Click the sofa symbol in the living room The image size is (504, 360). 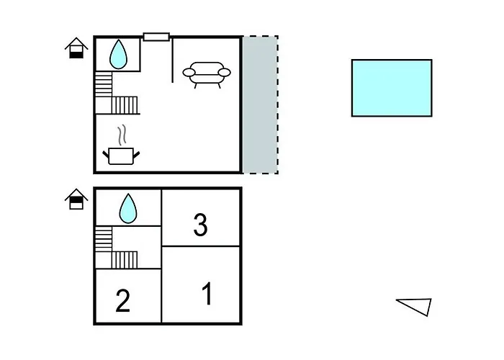click(x=207, y=75)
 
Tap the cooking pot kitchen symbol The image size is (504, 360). click(x=121, y=156)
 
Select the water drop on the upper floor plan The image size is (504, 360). click(x=118, y=54)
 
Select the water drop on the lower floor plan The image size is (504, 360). click(x=128, y=208)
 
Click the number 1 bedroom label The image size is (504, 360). click(x=207, y=293)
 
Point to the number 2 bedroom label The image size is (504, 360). click(x=123, y=300)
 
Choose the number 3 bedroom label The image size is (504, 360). click(x=201, y=225)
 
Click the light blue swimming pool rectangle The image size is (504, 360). click(x=392, y=88)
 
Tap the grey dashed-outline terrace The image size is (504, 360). click(x=261, y=105)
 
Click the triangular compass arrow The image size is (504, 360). click(x=415, y=307)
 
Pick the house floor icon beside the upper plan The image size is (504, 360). click(x=76, y=48)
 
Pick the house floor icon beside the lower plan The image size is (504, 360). click(x=76, y=199)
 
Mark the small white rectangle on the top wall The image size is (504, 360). click(x=156, y=37)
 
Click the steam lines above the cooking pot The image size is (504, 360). click(x=122, y=135)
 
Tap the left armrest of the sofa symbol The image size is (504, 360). click(x=189, y=72)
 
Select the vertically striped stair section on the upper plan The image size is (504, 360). click(x=125, y=105)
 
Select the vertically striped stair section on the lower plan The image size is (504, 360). click(x=125, y=260)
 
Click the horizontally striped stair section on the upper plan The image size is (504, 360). click(x=104, y=84)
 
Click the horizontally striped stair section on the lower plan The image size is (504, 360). click(x=104, y=239)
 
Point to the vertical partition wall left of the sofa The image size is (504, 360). click(x=173, y=60)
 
